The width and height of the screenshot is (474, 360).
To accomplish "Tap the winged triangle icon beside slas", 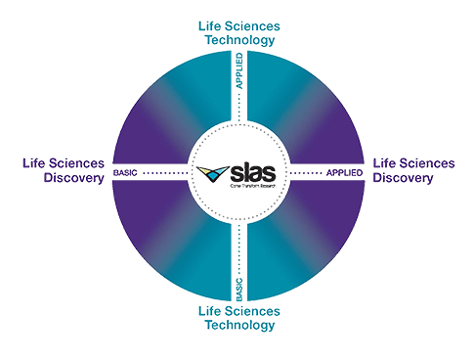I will (210, 175).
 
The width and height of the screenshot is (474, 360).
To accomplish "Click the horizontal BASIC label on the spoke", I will (125, 173).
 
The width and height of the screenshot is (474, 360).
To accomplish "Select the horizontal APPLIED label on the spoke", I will (343, 173).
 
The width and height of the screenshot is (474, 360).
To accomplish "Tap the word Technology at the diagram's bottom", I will (237, 326).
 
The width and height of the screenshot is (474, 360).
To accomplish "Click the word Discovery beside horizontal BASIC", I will (74, 178).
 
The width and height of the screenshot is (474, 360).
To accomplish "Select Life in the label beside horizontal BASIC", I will (34, 162).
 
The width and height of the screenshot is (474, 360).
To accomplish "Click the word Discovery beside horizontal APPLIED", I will (402, 178).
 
